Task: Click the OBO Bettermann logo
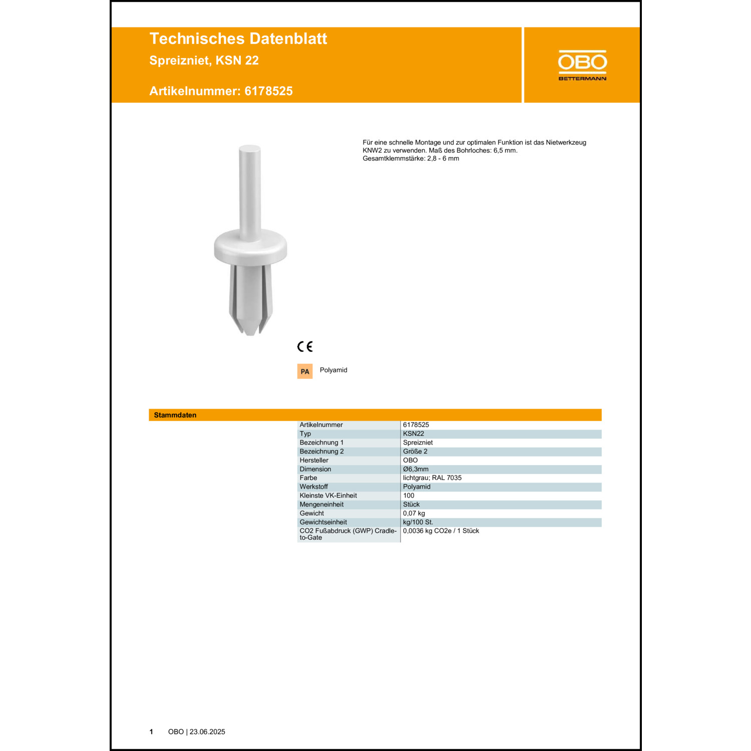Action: pos(582,65)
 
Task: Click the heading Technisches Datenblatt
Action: pos(238,39)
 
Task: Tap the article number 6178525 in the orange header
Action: pos(268,91)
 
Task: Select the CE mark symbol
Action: pos(305,346)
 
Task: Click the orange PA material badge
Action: pos(305,371)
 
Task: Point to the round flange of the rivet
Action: pos(250,247)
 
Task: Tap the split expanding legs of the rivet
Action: pos(250,300)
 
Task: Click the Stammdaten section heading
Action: pos(175,415)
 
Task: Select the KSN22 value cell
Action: pos(414,434)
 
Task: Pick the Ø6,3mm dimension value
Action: pos(416,469)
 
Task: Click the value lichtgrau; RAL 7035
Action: pos(432,478)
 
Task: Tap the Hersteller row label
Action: pos(314,460)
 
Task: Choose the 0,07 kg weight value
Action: pos(414,513)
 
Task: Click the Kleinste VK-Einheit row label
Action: pos(328,496)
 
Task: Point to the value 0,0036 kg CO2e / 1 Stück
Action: pos(441,531)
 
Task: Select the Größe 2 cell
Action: pos(415,451)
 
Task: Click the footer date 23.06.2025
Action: pos(207,732)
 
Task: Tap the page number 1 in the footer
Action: pos(151,732)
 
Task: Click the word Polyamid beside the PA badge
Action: pos(333,370)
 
